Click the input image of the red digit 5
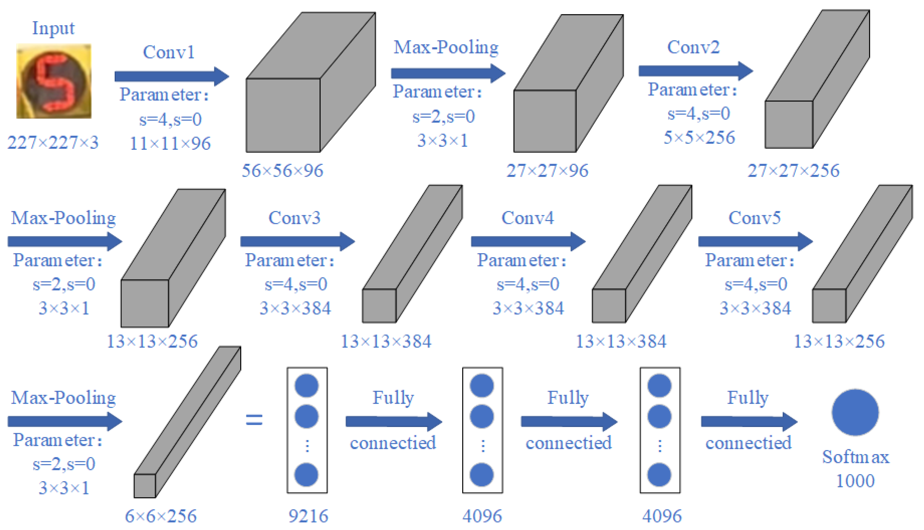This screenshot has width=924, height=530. click(x=54, y=81)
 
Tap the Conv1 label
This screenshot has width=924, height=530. click(x=169, y=52)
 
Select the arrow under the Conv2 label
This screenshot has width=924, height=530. click(x=695, y=71)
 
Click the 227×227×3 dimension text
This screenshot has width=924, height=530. click(x=53, y=142)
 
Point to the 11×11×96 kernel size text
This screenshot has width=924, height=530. click(x=170, y=143)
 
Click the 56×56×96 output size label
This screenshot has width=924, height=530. click(x=282, y=170)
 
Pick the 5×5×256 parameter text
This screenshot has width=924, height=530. click(x=699, y=137)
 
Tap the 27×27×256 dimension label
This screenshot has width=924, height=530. click(x=793, y=170)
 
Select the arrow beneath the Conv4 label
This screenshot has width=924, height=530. click(x=528, y=241)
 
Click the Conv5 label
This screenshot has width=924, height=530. click(x=754, y=218)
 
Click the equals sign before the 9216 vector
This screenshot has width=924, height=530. click(x=254, y=419)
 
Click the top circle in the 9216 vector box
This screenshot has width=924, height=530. click(x=307, y=385)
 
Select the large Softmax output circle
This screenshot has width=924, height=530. click(x=855, y=412)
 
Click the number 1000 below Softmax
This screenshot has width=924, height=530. click(x=855, y=481)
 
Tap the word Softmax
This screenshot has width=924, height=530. click(x=855, y=457)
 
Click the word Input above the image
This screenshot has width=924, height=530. click(x=53, y=28)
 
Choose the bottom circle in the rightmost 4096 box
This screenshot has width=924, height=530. click(x=659, y=475)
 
